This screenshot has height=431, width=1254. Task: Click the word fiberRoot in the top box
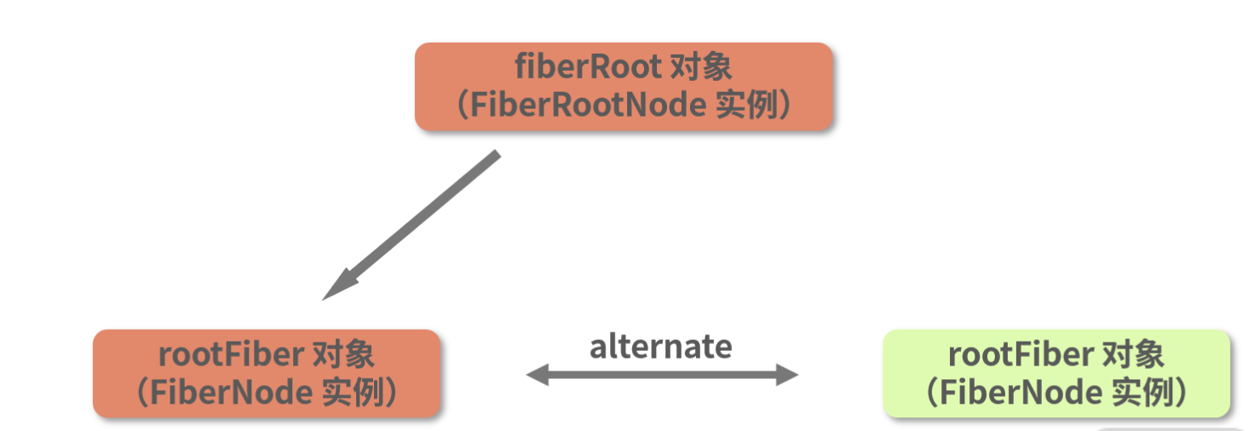point(588,67)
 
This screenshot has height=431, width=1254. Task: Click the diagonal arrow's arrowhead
point(337,288)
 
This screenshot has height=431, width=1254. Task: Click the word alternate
point(660,347)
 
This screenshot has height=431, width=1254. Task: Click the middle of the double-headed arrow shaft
point(662,374)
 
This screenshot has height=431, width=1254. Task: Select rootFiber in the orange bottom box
point(231,354)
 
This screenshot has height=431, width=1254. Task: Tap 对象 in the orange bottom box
point(343,354)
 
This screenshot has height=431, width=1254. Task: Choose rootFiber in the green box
point(1021,354)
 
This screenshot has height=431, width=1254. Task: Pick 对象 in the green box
point(1133,354)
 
